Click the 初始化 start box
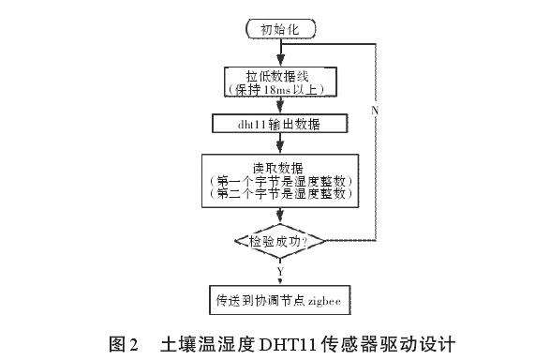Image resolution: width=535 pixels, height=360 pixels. pos(278,30)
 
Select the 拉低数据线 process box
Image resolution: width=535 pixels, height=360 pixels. pos(278,82)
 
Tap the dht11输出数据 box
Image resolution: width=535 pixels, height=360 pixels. pos(278,123)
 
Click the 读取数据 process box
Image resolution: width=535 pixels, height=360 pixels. pos(278,179)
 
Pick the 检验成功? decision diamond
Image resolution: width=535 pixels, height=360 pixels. pos(278,242)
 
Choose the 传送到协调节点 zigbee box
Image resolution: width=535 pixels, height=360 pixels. pos(278,302)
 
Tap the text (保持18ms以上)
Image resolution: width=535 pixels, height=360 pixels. pos(278,90)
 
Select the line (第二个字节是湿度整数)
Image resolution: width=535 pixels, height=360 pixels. pos(278,193)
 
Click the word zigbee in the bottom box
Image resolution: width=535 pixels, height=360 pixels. pos(327,302)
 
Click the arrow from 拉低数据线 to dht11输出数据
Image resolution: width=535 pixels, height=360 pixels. pos(278,106)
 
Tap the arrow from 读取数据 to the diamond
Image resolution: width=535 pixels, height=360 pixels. pos(278,216)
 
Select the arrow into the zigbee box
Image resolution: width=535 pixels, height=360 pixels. pos(278,279)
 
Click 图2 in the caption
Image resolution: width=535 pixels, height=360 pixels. pos(124,342)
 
